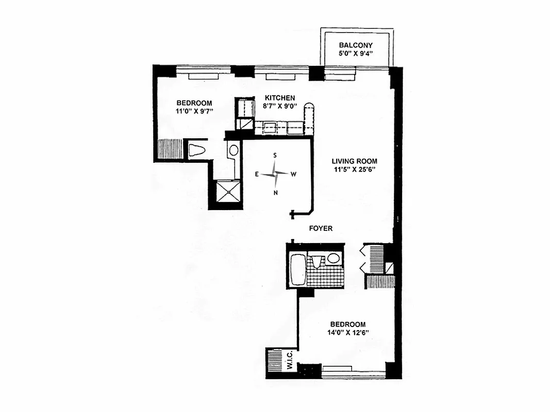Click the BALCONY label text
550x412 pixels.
click(355, 45)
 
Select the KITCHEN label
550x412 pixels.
click(280, 98)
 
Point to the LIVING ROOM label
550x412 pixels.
click(354, 161)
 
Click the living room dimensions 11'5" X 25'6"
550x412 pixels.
click(354, 170)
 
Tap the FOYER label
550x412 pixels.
click(321, 228)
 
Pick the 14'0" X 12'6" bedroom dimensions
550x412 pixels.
click(348, 333)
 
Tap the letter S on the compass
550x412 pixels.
click(275, 155)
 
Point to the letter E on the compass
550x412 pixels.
click(256, 175)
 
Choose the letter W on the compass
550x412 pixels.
click(293, 175)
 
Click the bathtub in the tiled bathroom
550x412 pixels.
click(297, 269)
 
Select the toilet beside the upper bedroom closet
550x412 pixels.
click(197, 150)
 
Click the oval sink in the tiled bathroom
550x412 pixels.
click(334, 259)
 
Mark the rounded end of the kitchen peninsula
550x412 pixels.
click(309, 107)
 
